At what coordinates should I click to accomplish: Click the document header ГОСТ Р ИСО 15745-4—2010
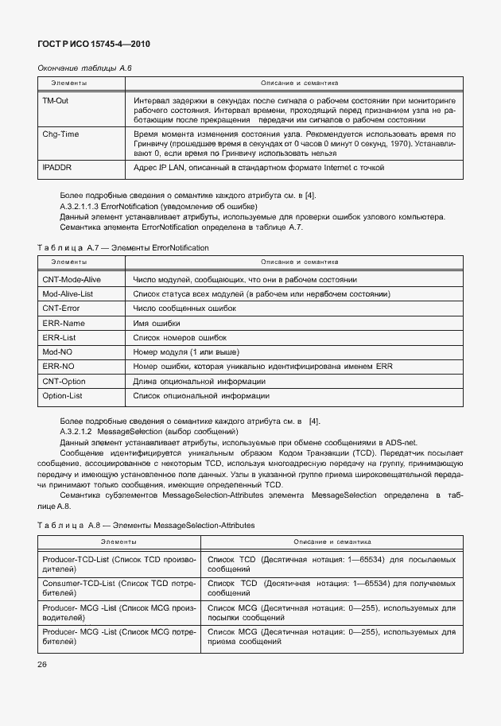point(94,45)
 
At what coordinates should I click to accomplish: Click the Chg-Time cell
point(60,134)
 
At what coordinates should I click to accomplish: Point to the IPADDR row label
point(56,169)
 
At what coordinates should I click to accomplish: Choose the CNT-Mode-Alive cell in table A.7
point(74,279)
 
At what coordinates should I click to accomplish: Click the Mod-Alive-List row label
point(68,294)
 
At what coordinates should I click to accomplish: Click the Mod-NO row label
point(57,352)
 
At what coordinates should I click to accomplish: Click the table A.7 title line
point(123,247)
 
